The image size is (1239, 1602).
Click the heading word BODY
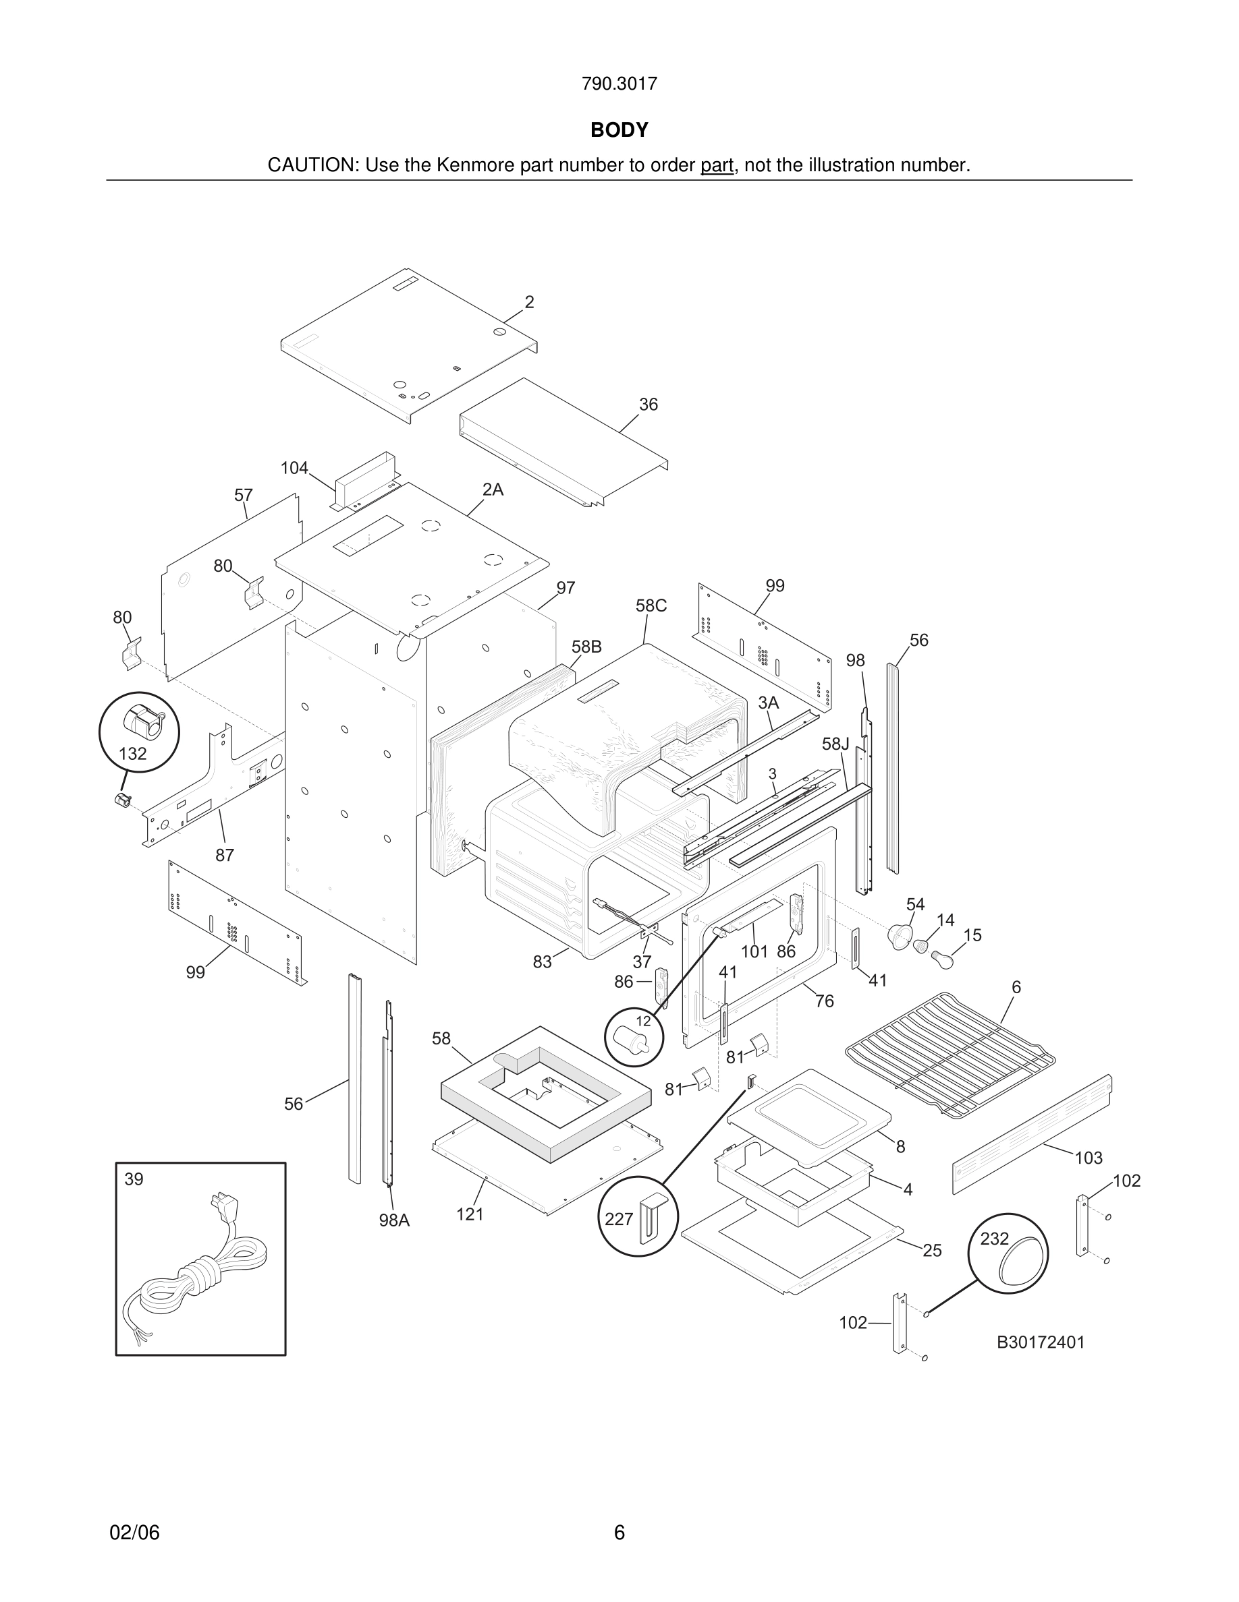[619, 130]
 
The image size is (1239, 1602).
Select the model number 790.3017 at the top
[619, 84]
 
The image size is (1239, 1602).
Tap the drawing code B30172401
[1040, 1342]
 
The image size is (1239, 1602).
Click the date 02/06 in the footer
[134, 1533]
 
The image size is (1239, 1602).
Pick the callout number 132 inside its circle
[133, 753]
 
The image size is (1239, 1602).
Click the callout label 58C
[651, 605]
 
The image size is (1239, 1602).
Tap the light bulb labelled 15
[941, 958]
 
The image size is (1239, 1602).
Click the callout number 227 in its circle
[619, 1219]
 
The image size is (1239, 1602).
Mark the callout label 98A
[394, 1220]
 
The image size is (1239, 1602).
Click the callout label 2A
[493, 490]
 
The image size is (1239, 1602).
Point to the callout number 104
[294, 468]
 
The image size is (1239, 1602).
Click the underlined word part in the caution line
[717, 165]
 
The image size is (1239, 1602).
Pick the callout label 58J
[835, 744]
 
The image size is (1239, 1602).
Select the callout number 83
[543, 961]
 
